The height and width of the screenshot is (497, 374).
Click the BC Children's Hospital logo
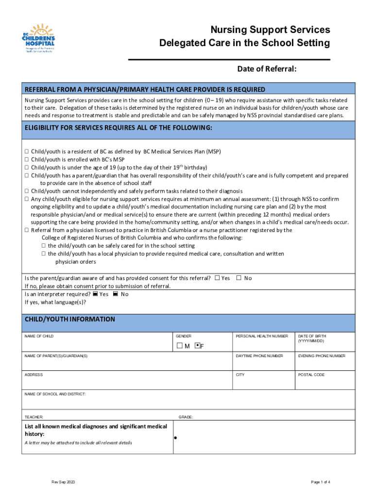[x=39, y=38]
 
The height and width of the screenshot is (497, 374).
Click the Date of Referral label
[x=267, y=69]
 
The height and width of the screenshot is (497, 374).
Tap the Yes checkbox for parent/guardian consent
[x=218, y=278]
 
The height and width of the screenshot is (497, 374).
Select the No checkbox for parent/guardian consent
[x=239, y=278]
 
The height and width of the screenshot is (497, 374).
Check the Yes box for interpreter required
[x=96, y=294]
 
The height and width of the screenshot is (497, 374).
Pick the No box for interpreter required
[x=116, y=294]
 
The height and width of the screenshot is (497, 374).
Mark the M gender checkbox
[x=179, y=346]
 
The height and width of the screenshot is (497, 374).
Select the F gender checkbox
[x=197, y=346]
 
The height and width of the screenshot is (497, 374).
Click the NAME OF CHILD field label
[x=39, y=336]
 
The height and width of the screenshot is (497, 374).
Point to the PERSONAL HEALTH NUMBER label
[x=262, y=336]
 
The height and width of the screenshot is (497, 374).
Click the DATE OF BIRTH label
[x=313, y=336]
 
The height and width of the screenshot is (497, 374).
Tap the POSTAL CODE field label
[x=311, y=375]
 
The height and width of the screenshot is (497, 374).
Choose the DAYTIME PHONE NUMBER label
[x=259, y=356]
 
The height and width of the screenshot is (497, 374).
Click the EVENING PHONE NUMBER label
[x=322, y=356]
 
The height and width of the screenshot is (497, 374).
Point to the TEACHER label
[x=34, y=417]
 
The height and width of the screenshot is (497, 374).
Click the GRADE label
[x=186, y=417]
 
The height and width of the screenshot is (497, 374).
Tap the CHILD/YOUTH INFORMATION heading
[x=70, y=319]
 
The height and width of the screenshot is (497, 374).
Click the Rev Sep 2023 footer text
[x=64, y=482]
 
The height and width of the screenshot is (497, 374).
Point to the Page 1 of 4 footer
[x=321, y=482]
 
